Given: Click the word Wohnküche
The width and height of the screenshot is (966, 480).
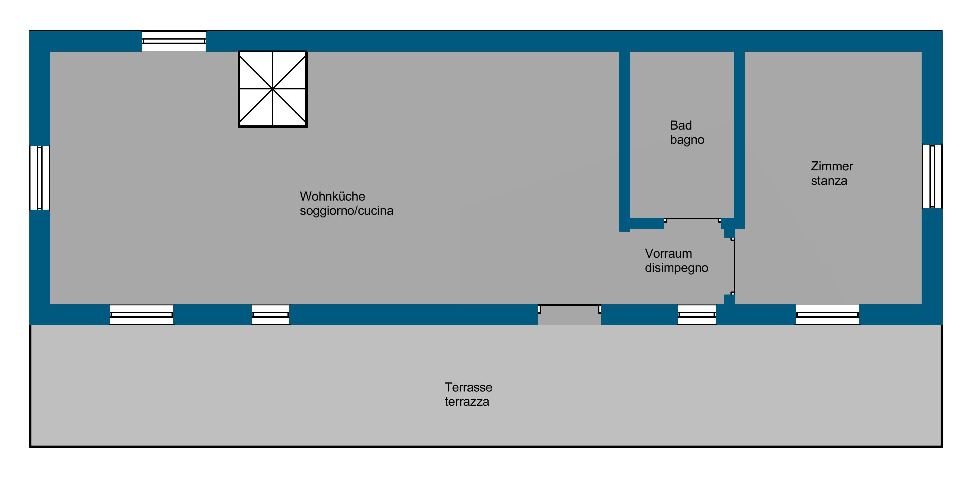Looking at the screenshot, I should pyautogui.click(x=332, y=196).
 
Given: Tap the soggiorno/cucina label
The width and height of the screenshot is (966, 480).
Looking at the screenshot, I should pyautogui.click(x=346, y=211).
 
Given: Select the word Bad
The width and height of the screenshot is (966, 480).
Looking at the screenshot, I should pyautogui.click(x=681, y=125).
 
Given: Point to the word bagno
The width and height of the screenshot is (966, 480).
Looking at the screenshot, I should pyautogui.click(x=687, y=140).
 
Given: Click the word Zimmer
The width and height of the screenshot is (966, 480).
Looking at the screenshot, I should pyautogui.click(x=832, y=166).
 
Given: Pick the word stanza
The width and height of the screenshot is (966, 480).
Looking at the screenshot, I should pyautogui.click(x=829, y=181).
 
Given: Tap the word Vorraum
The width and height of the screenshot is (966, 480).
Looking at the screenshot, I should pyautogui.click(x=668, y=253).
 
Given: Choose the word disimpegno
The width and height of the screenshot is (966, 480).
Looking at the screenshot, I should pyautogui.click(x=676, y=268).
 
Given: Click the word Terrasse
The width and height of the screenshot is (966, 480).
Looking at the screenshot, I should pyautogui.click(x=468, y=387).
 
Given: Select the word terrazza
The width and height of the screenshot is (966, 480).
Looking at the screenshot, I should pyautogui.click(x=467, y=402).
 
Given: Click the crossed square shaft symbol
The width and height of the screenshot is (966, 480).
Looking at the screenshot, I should pyautogui.click(x=273, y=89).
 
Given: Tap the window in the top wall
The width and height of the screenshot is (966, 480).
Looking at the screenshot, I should pyautogui.click(x=174, y=41).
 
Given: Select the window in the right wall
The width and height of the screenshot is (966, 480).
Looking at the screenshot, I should pyautogui.click(x=932, y=176).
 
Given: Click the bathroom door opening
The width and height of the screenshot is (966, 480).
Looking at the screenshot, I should pyautogui.click(x=692, y=219).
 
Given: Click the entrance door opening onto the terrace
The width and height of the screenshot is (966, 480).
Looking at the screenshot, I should pyautogui.click(x=569, y=314).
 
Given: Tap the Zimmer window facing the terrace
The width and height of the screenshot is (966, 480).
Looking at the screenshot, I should pyautogui.click(x=827, y=314).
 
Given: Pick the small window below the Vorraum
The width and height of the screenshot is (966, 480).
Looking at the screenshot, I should pyautogui.click(x=697, y=314).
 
